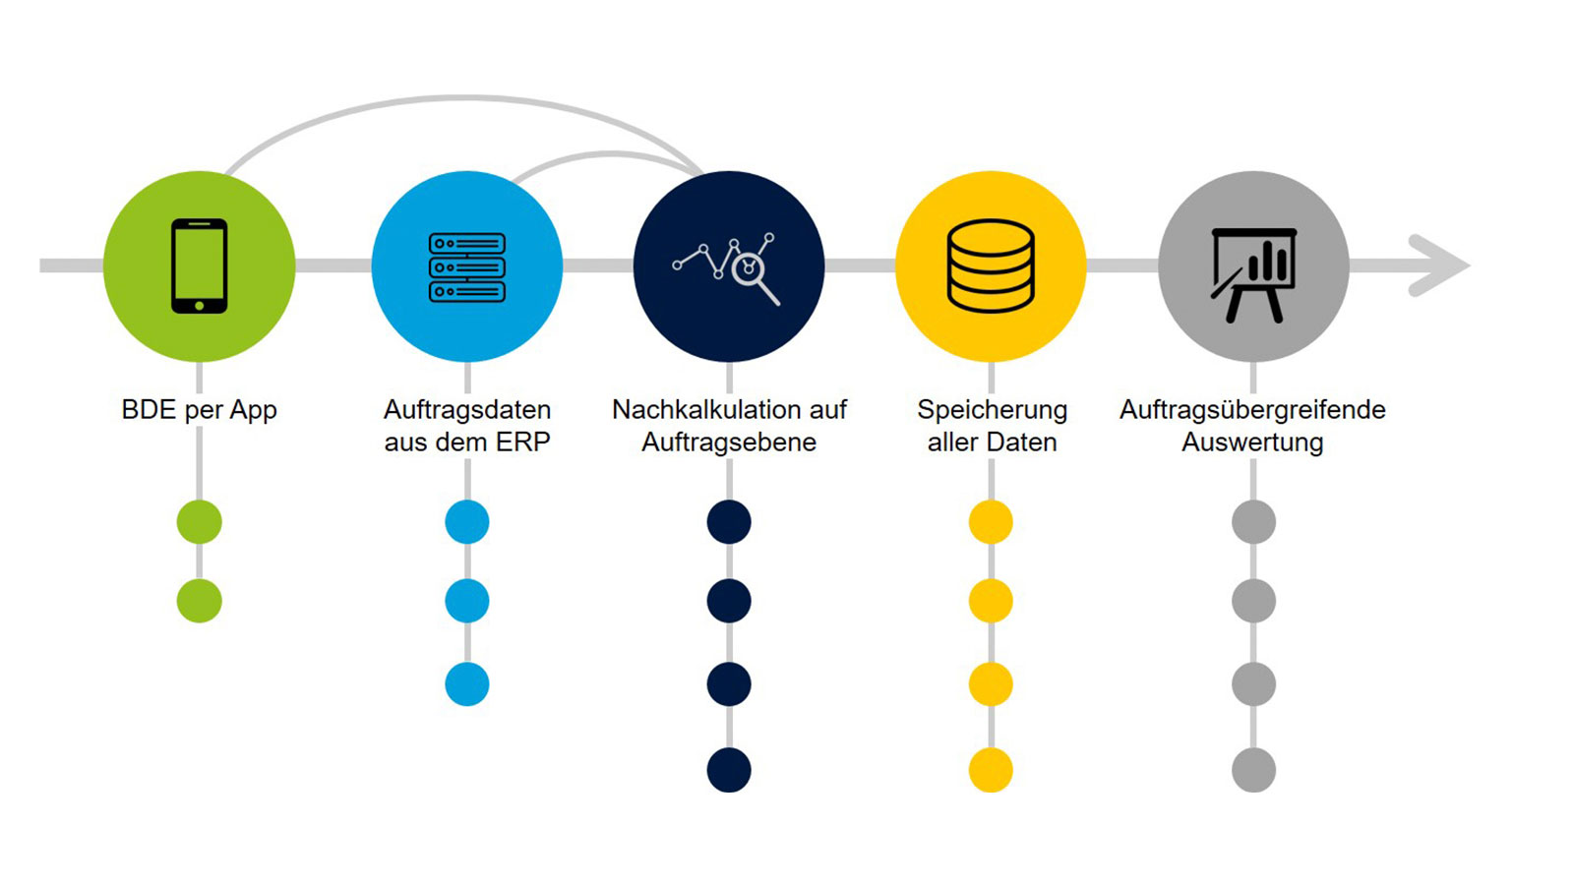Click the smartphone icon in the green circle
click(199, 265)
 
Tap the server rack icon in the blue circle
click(467, 266)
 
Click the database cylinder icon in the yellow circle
click(991, 265)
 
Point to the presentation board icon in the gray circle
click(1252, 272)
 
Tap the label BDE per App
click(199, 410)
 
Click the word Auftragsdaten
click(467, 409)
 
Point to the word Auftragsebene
click(729, 442)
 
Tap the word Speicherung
click(992, 409)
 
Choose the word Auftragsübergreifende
click(1252, 409)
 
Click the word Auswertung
click(1252, 442)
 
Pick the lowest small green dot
click(199, 601)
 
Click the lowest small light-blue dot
click(467, 684)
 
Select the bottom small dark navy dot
click(729, 769)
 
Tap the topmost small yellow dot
click(991, 521)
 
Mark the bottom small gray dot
click(1253, 769)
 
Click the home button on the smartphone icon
click(199, 306)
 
